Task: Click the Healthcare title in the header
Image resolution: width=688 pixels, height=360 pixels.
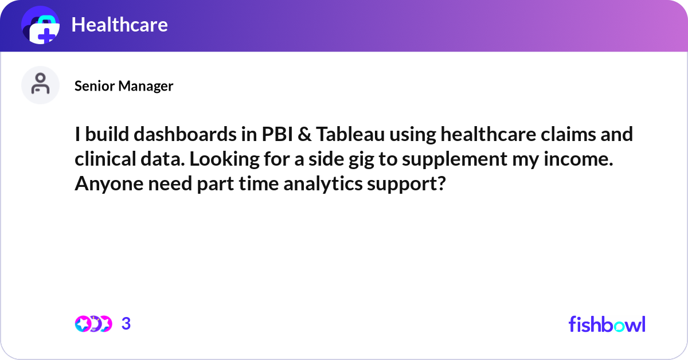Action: pos(119,25)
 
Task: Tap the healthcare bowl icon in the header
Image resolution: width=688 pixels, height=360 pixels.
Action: pos(41,25)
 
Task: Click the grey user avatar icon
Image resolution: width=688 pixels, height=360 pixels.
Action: pos(40,85)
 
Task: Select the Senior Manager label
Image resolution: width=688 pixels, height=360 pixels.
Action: pos(124,86)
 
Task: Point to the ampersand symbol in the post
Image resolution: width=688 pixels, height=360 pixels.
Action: pos(304,135)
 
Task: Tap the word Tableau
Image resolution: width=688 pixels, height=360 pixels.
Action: pos(350,134)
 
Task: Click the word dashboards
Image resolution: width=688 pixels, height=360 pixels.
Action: pos(185,134)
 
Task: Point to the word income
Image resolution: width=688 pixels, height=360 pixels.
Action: pos(578,159)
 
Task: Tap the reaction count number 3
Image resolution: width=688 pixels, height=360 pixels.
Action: pos(126,324)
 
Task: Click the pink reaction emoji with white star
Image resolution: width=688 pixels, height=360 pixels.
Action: pos(83,324)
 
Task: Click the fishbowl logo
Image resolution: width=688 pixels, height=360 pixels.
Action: pos(607,324)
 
